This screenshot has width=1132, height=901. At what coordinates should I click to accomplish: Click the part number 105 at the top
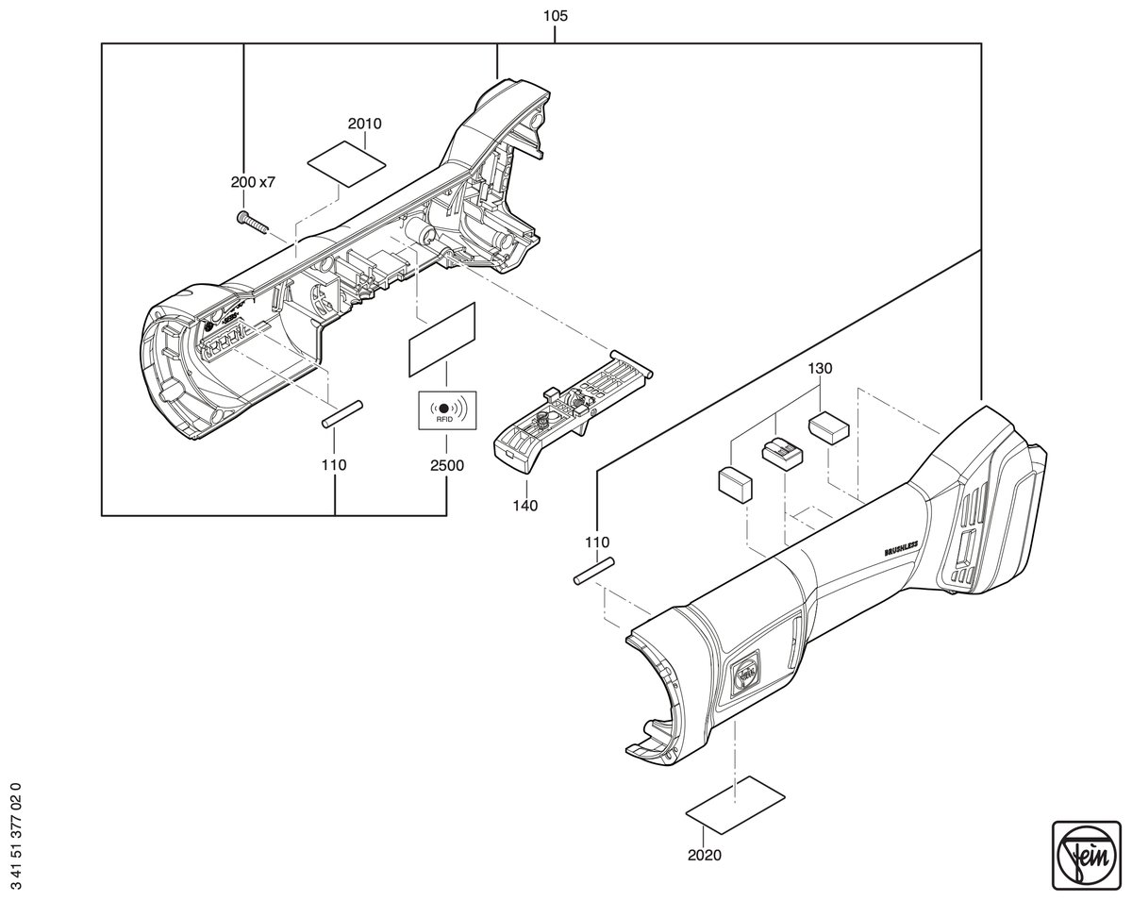(556, 16)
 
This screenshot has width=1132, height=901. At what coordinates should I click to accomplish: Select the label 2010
(364, 124)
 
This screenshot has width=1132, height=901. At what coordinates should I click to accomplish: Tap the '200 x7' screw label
(253, 182)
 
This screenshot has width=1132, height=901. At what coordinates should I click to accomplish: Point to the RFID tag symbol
(447, 410)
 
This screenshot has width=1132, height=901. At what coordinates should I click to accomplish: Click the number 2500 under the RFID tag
(447, 466)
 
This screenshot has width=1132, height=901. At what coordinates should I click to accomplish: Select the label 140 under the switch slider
(525, 506)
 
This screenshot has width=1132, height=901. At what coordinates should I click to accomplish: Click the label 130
(820, 368)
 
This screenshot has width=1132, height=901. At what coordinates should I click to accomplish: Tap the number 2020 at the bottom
(705, 856)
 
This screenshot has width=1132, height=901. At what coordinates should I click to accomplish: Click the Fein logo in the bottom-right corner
(1086, 855)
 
